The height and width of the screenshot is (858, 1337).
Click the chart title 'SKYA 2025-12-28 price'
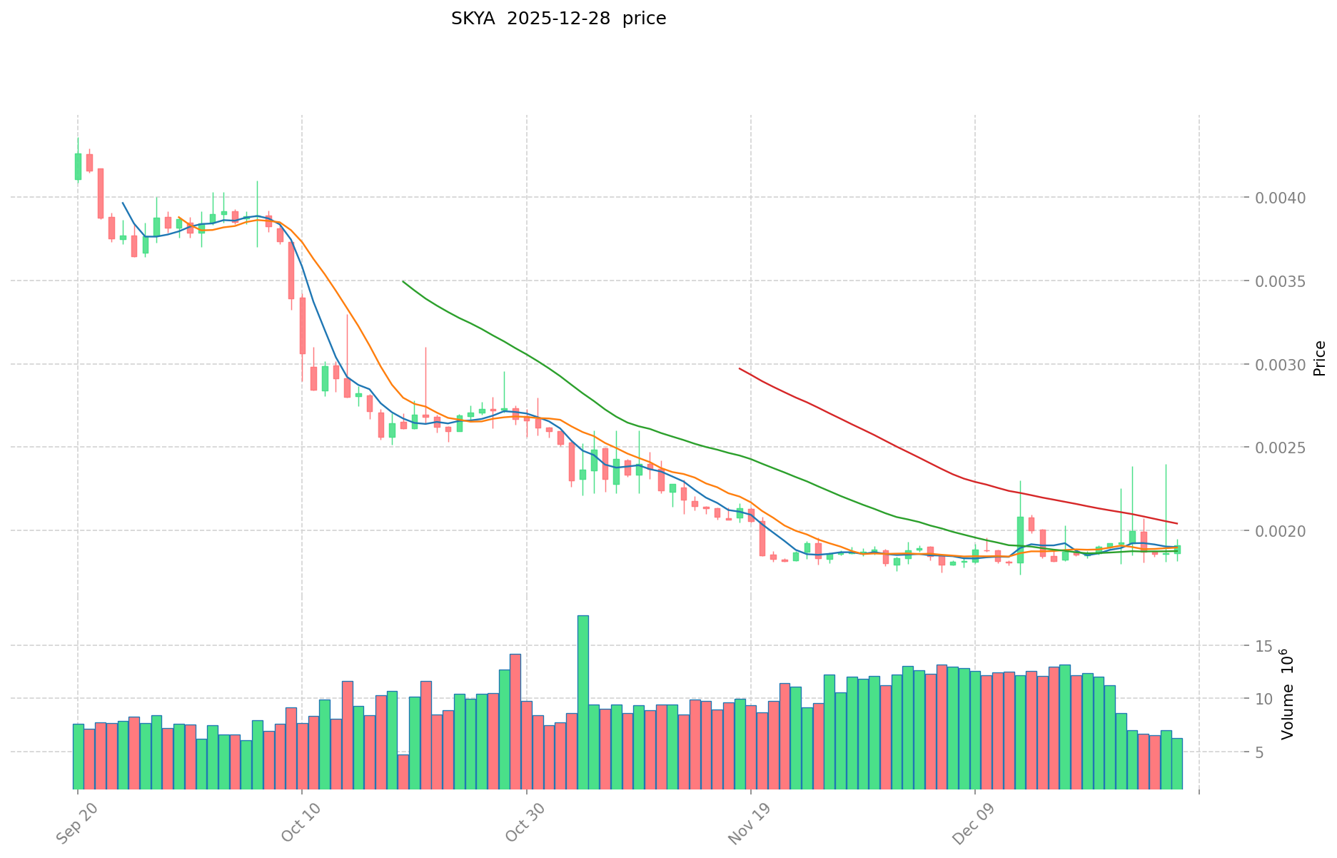[558, 19]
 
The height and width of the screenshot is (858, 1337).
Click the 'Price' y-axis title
[1319, 358]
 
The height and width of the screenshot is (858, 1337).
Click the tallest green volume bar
[583, 702]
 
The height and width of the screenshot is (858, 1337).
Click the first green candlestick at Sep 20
[78, 166]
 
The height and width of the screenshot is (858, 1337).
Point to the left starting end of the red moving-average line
[740, 369]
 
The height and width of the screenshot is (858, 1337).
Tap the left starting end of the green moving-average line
[403, 281]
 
